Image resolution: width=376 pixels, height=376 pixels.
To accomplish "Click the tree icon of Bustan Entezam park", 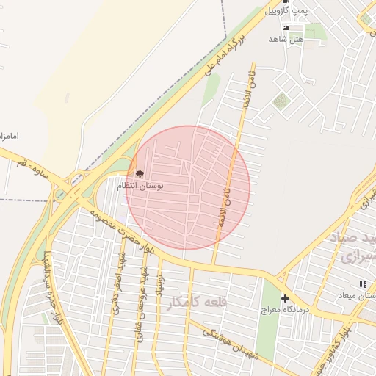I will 140,174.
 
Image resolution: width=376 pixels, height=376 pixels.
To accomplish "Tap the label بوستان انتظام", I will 140,187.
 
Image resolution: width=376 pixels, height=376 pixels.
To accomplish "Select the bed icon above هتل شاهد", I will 286,28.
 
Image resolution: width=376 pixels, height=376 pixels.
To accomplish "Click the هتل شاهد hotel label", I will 286,39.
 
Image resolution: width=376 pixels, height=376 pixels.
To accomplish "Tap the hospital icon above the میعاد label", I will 362,283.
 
